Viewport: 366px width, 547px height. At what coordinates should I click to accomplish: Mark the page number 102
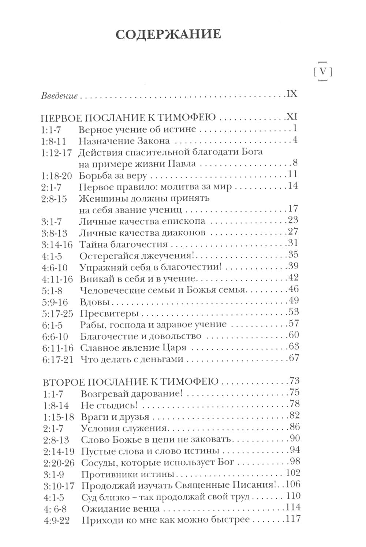[292, 473]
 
